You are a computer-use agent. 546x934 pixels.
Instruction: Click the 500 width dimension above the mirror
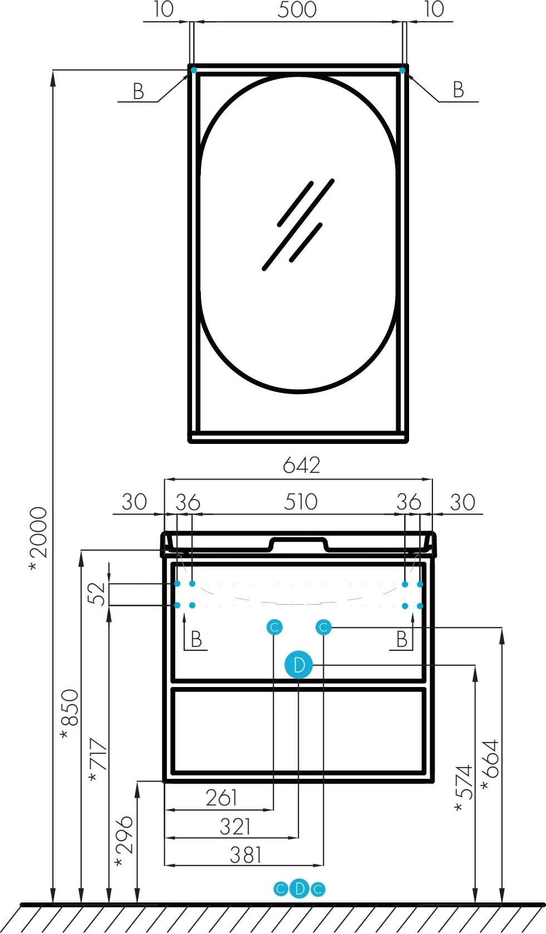(297, 9)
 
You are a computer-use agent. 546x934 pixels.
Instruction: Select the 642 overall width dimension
(301, 465)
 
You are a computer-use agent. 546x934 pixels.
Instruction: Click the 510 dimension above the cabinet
(301, 502)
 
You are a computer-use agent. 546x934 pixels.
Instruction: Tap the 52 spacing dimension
(96, 594)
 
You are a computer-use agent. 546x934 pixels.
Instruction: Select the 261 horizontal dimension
(222, 798)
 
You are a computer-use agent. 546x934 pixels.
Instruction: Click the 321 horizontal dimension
(235, 827)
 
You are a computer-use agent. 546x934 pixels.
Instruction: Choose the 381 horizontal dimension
(245, 855)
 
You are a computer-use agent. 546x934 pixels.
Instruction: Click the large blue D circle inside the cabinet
(299, 665)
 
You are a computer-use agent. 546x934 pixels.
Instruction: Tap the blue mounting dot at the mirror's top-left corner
(194, 70)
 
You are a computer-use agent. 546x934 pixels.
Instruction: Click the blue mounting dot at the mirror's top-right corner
(402, 70)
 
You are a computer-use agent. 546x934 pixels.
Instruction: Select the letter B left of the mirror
(138, 91)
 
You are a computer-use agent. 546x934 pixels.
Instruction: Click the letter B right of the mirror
(458, 90)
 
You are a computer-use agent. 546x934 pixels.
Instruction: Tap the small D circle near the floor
(299, 889)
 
